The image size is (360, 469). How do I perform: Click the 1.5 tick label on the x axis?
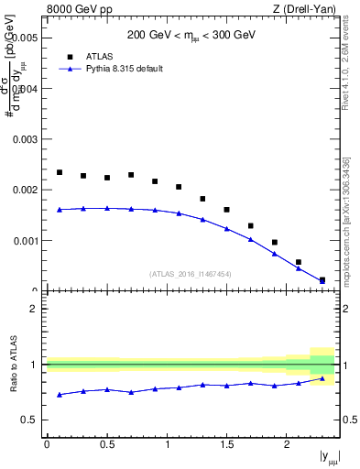tap(227, 444)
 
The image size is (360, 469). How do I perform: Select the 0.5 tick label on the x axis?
tap(107, 444)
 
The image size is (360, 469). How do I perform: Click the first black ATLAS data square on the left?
tap(60, 172)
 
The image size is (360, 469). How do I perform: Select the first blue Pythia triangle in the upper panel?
tap(60, 210)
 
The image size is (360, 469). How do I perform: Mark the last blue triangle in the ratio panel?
tap(322, 378)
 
